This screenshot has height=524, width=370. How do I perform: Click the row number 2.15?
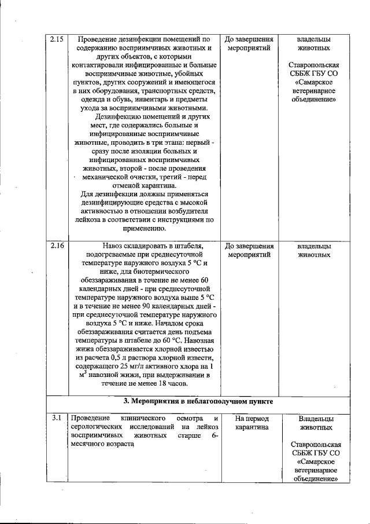(x=56, y=40)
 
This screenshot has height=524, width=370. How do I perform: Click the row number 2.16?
(x=56, y=246)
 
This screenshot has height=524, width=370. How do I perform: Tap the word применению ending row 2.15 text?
(x=143, y=228)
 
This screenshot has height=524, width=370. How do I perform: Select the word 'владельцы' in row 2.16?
(x=314, y=246)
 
